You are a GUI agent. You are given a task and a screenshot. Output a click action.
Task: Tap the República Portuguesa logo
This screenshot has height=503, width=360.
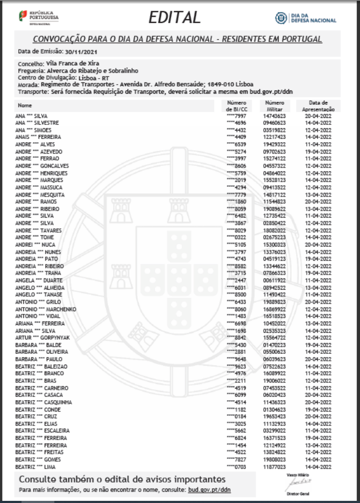tap(39, 17)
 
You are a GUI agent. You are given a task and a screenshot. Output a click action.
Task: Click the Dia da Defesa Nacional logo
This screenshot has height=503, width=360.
tap(306, 18)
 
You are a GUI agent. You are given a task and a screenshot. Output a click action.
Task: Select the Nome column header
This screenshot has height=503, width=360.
tap(25, 105)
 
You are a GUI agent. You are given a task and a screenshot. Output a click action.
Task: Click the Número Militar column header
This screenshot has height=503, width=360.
tap(274, 105)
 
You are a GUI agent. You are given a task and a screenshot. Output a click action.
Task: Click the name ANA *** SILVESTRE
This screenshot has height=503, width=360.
tap(41, 123)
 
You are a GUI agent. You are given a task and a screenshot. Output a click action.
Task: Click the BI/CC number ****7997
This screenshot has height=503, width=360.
tap(237, 116)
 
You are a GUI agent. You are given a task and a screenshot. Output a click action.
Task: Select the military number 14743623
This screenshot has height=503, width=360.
tap(274, 116)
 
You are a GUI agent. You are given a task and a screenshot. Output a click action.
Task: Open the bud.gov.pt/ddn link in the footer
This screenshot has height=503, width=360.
tap(209, 490)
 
